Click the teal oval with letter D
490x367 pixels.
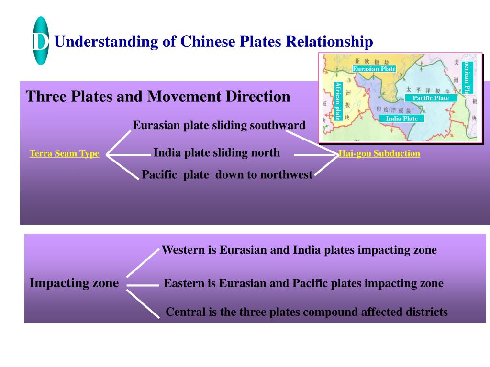pyautogui.click(x=41, y=41)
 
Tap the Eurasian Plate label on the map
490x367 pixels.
pyautogui.click(x=374, y=69)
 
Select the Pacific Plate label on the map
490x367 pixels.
pyautogui.click(x=431, y=98)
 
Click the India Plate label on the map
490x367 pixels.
pyautogui.click(x=401, y=119)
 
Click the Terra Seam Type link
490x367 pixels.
pyautogui.click(x=64, y=153)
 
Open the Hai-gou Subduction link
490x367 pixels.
pyautogui.click(x=379, y=153)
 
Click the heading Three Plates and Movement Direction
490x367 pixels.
pyautogui.click(x=158, y=97)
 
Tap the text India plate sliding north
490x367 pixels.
pyautogui.click(x=216, y=152)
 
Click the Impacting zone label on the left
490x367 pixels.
pyautogui.click(x=74, y=283)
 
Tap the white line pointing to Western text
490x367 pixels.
pyautogui.click(x=142, y=263)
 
